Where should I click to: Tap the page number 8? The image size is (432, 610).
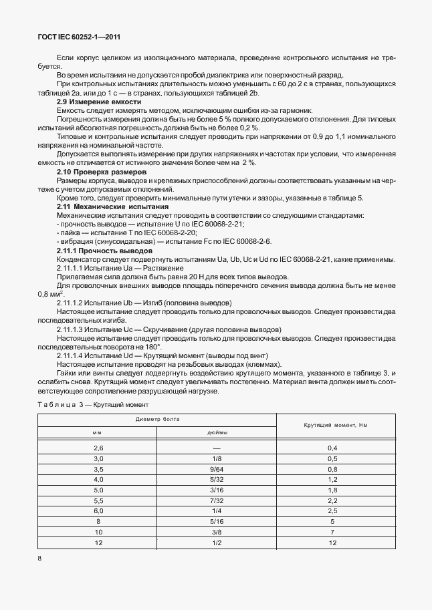pyautogui.click(x=39, y=559)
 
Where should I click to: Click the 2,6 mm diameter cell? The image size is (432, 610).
pyautogui.click(x=99, y=448)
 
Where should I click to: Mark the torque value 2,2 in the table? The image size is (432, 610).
pyautogui.click(x=332, y=500)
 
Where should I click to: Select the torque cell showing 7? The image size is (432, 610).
pyautogui.click(x=332, y=532)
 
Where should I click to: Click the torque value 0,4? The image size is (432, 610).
pyautogui.click(x=332, y=448)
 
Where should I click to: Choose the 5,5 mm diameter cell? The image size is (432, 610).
pyautogui.click(x=99, y=500)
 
